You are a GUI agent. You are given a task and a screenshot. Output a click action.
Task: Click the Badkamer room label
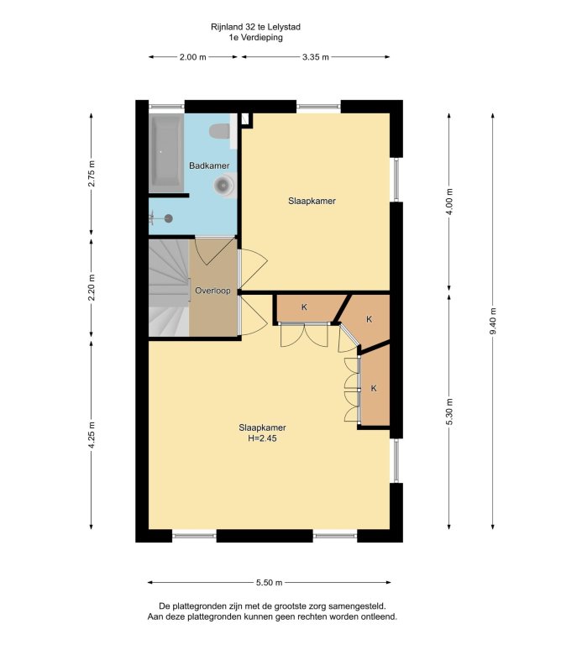tap(209, 165)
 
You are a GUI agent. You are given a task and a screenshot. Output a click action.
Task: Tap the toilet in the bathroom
tap(220, 131)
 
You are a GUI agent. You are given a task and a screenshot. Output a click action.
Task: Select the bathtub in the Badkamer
tap(166, 153)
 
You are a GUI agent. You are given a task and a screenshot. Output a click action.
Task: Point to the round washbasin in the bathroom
tap(223, 185)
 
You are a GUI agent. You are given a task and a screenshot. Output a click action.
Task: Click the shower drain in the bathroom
tap(168, 218)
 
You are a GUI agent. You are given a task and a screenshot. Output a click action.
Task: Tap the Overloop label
tap(212, 291)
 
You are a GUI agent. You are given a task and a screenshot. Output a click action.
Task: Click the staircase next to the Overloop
tap(169, 288)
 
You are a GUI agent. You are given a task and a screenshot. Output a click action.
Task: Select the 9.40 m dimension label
tap(493, 321)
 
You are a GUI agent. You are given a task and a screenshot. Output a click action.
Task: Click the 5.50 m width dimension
tap(270, 583)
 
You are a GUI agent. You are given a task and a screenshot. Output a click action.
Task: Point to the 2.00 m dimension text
tap(192, 57)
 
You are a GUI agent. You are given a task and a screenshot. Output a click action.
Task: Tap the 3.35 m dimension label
tap(316, 57)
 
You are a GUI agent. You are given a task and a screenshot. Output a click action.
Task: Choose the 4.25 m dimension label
tap(92, 436)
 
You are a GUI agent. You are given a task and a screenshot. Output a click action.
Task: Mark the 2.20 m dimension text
tap(92, 287)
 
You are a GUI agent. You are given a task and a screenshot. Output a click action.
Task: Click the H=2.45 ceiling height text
tap(262, 438)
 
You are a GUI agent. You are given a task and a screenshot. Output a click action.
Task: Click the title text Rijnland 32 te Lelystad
tap(255, 27)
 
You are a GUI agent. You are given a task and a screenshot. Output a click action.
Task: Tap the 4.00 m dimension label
tap(449, 202)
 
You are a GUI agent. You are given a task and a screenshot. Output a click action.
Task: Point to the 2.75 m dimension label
tap(92, 174)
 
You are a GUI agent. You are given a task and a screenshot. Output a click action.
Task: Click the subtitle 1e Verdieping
tap(256, 38)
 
